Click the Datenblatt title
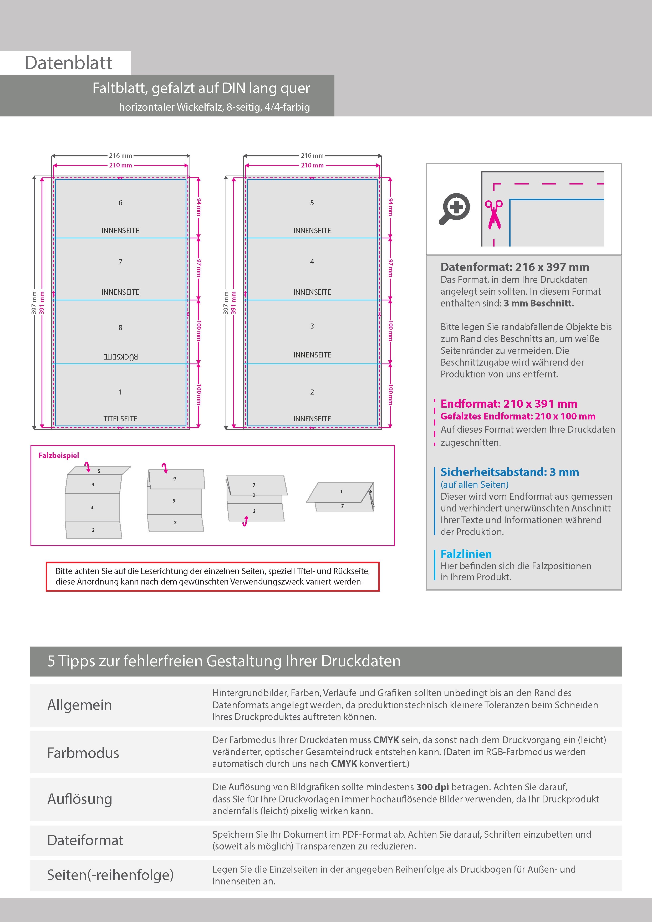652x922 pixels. coord(68,63)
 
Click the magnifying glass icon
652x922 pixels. coord(454,208)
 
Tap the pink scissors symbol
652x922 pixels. coord(494,215)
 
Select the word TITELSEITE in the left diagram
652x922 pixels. coord(120,418)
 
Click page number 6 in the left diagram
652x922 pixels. coord(120,203)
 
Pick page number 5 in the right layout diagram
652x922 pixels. coord(312,203)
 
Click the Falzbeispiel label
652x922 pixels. coord(59,455)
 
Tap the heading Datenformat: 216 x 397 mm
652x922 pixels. coord(515,267)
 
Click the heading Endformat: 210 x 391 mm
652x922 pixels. coord(508,404)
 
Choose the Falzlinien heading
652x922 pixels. coord(466,554)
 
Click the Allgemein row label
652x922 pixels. coord(80,705)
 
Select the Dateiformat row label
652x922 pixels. coord(85,840)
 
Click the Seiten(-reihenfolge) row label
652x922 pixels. coord(110,875)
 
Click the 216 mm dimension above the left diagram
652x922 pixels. coord(120,155)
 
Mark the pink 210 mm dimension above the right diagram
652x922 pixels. coord(312,165)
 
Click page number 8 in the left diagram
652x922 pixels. coord(120,327)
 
